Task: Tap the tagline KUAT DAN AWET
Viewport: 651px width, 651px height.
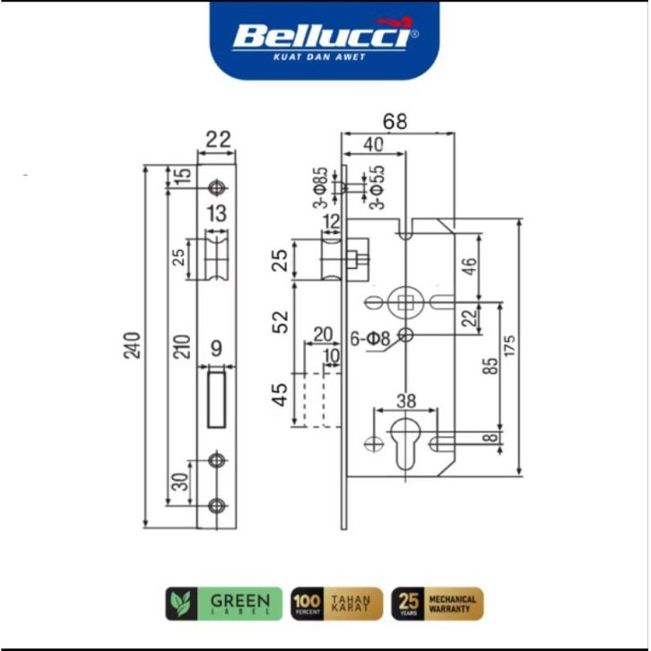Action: [x=319, y=56]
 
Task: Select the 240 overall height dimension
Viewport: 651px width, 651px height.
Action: [x=133, y=345]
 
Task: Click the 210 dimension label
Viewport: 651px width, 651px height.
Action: [x=182, y=347]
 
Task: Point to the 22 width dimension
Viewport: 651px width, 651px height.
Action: [x=218, y=140]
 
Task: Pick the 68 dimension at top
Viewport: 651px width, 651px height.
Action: [x=395, y=122]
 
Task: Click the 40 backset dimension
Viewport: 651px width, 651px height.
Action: [x=373, y=144]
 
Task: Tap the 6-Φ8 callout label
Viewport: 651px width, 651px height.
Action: [x=370, y=339]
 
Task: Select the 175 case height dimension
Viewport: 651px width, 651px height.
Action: [x=510, y=345]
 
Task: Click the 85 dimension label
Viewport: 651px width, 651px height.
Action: [x=490, y=366]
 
